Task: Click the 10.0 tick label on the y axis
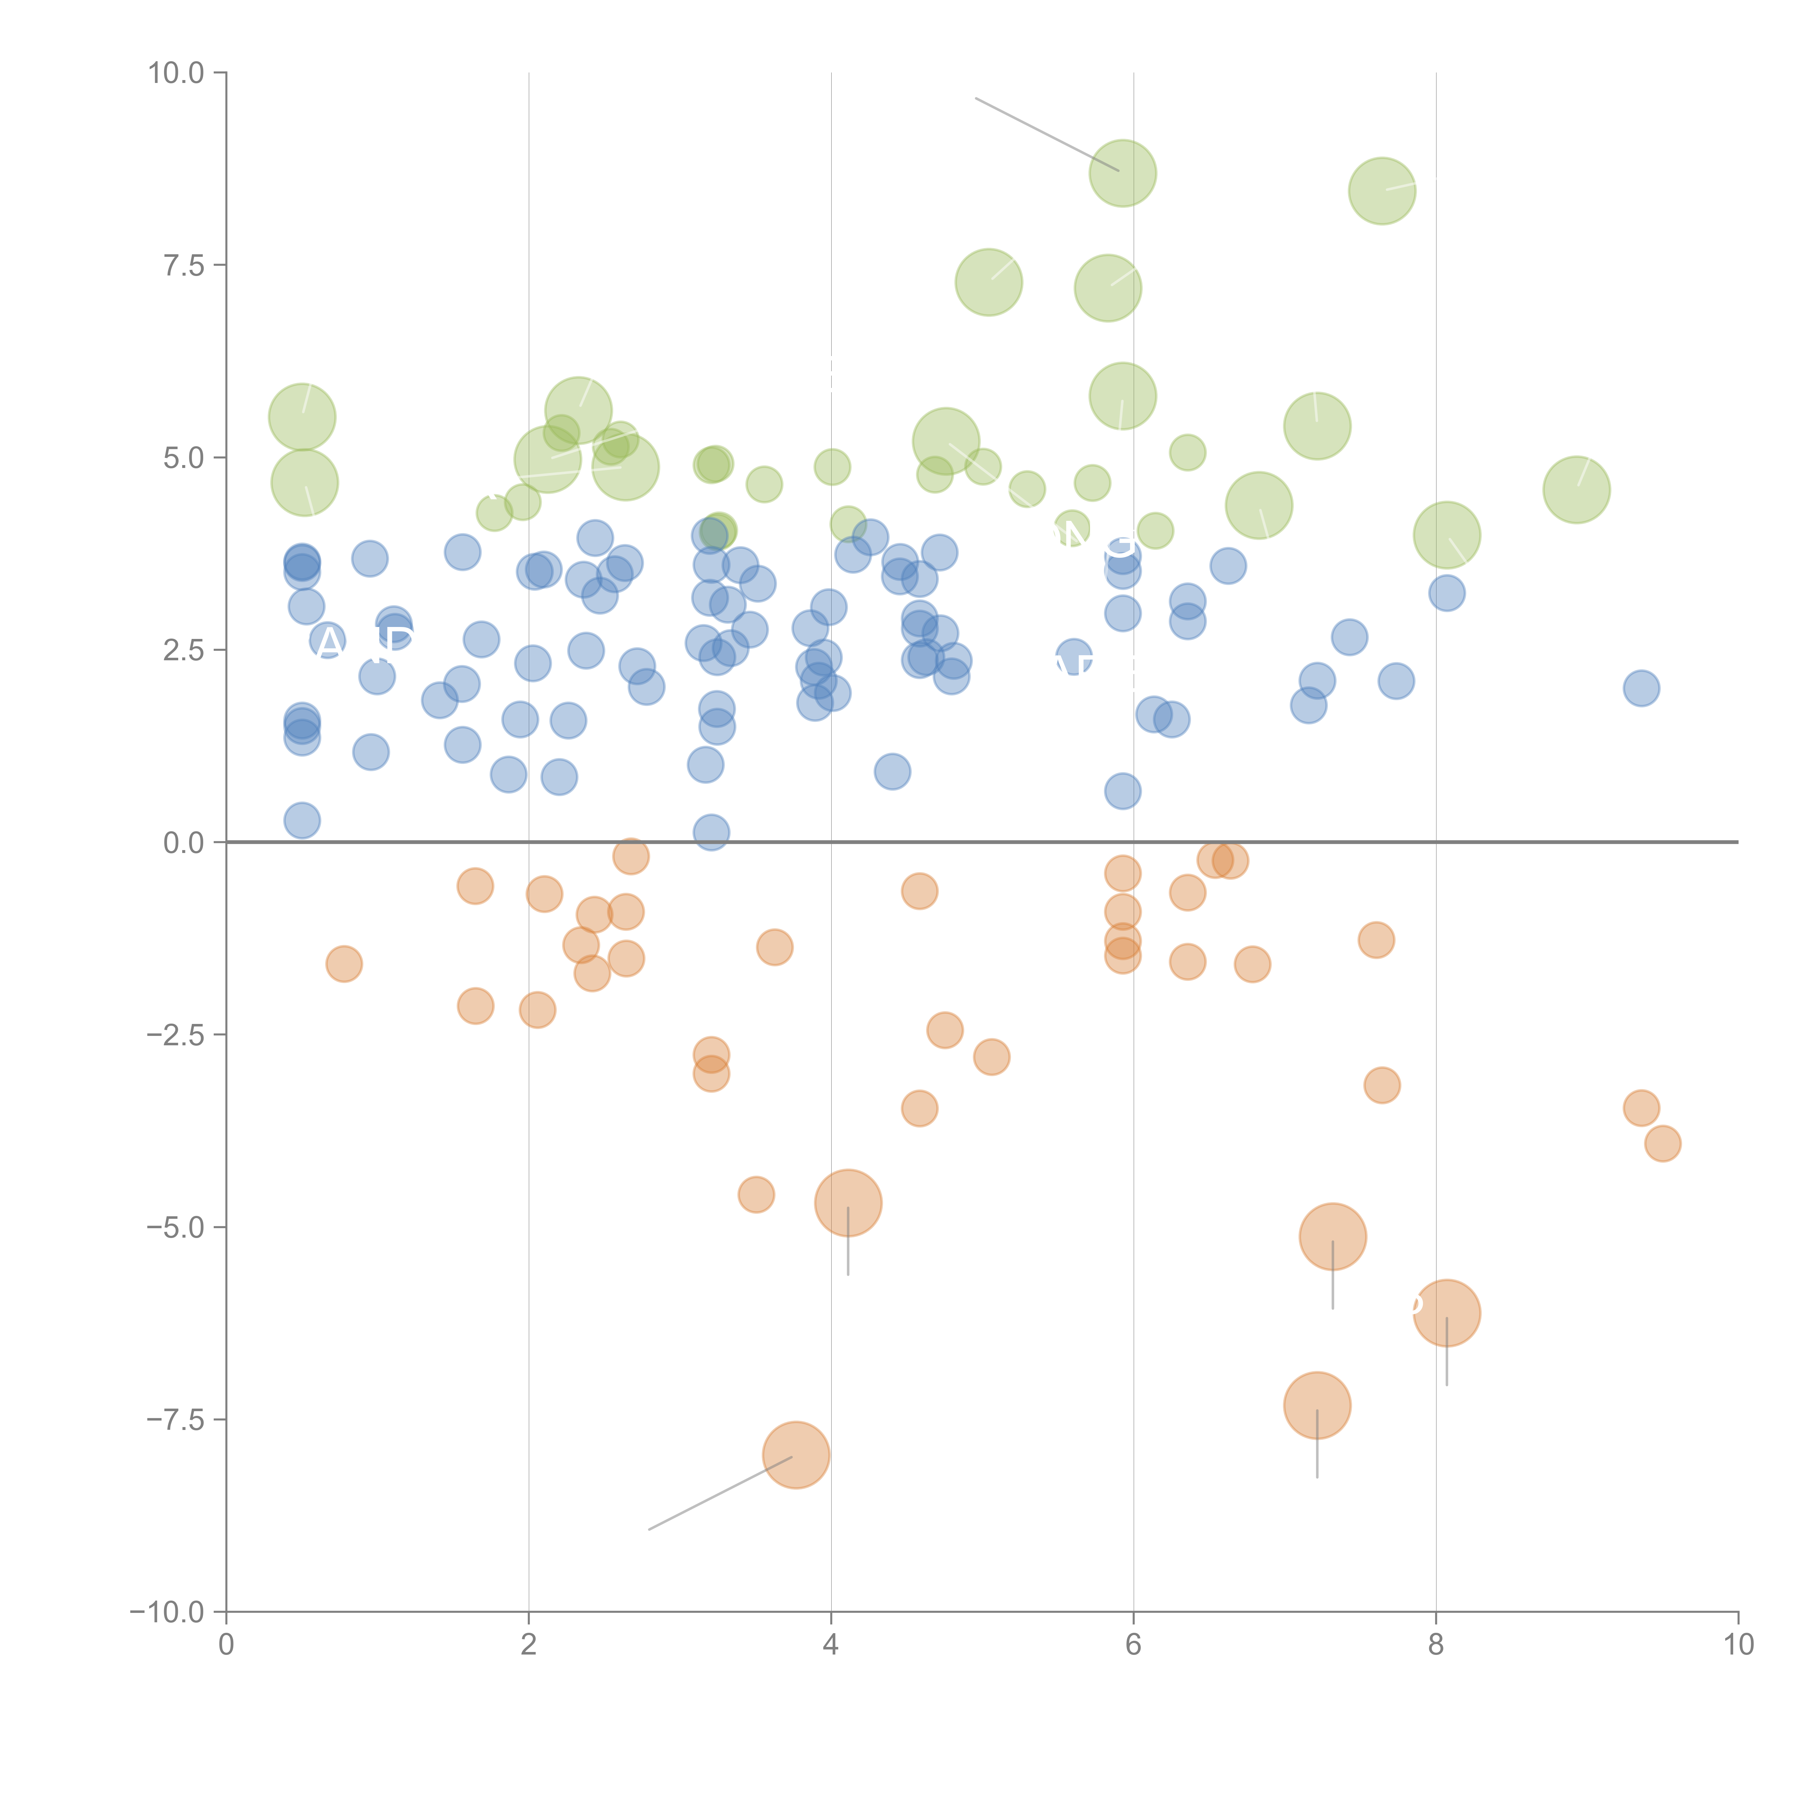176,73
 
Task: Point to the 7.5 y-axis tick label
184,265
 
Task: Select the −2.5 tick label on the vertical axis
175,1035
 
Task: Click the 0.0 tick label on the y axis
184,843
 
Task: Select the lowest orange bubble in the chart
796,1455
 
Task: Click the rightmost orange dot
1662,1143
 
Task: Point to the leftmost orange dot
344,963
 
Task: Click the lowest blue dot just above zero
711,832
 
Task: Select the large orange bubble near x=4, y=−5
848,1203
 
